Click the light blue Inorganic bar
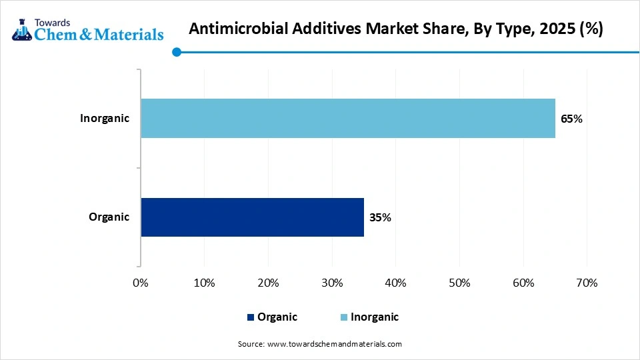348,119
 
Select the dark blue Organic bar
252,217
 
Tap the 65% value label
571,119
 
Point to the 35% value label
380,217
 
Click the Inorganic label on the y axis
105,119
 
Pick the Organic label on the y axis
109,217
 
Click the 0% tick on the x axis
141,283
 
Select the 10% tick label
204,283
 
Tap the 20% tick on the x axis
268,283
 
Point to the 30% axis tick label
332,283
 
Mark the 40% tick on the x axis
396,283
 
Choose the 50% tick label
459,283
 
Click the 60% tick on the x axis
523,283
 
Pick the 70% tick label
587,283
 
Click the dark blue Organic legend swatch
251,317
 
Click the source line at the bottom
320,344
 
